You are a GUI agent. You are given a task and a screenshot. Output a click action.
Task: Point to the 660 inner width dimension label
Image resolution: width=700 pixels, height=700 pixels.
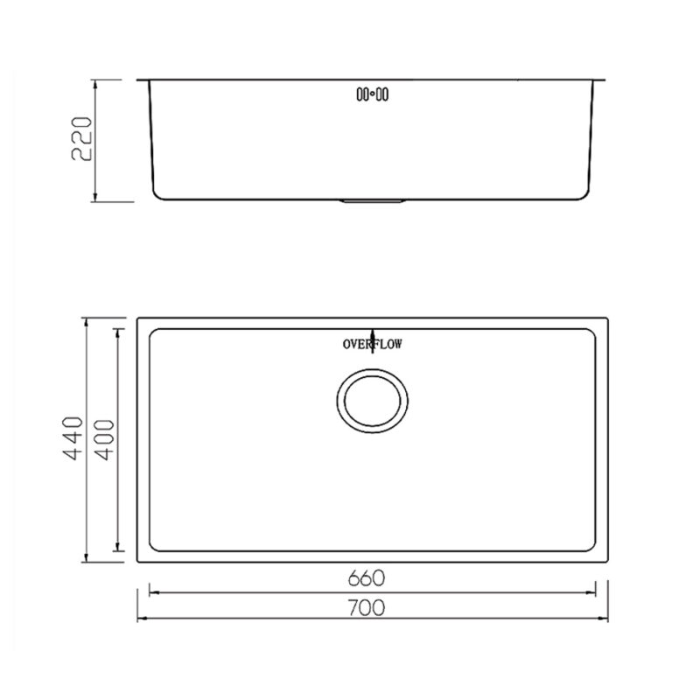[367, 578]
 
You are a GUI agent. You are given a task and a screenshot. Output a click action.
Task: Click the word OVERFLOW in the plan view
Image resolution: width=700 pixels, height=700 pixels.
[372, 345]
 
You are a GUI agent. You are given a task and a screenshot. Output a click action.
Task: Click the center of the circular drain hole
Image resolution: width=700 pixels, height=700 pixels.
[371, 401]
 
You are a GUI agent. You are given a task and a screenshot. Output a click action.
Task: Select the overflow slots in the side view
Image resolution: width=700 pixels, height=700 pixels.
[372, 94]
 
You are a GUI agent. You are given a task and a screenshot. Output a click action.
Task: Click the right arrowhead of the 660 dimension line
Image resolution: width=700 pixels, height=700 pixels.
[592, 591]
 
